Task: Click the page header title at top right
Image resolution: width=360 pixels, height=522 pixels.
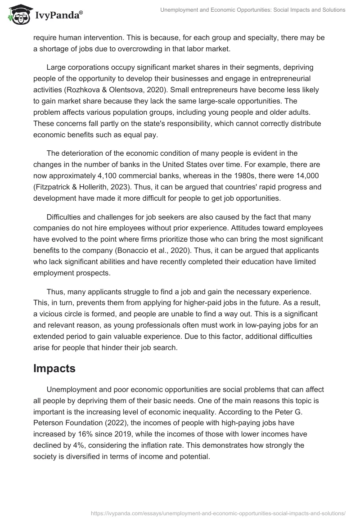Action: pyautogui.click(x=252, y=10)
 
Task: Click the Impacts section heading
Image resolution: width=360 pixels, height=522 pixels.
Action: pyautogui.click(x=54, y=368)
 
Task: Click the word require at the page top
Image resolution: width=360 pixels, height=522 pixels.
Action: pyautogui.click(x=47, y=38)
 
